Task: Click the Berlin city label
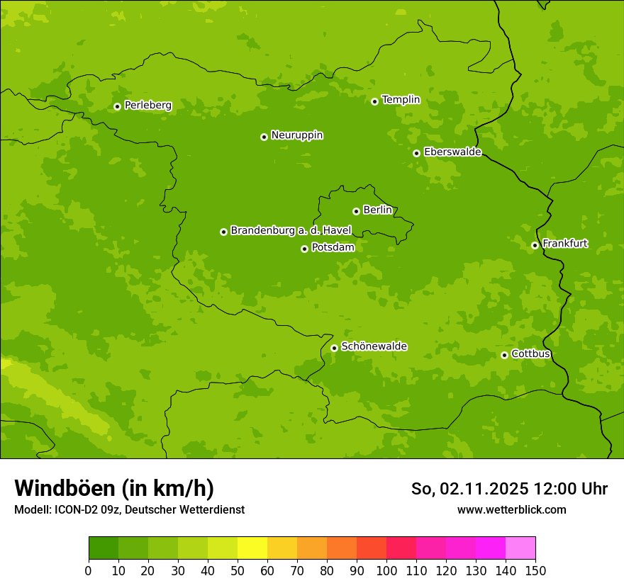377,210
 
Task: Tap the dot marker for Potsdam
304,249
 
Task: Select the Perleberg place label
148,106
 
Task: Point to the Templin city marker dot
374,101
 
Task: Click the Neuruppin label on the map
297,135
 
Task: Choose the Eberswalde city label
452,152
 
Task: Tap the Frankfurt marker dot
535,245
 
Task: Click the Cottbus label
530,354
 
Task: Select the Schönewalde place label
374,346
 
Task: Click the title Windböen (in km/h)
114,488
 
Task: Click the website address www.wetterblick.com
512,509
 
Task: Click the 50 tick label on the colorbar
238,570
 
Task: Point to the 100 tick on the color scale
386,570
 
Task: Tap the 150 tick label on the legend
535,570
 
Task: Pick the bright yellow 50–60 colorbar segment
252,548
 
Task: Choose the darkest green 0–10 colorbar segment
104,548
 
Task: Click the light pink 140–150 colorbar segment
520,548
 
